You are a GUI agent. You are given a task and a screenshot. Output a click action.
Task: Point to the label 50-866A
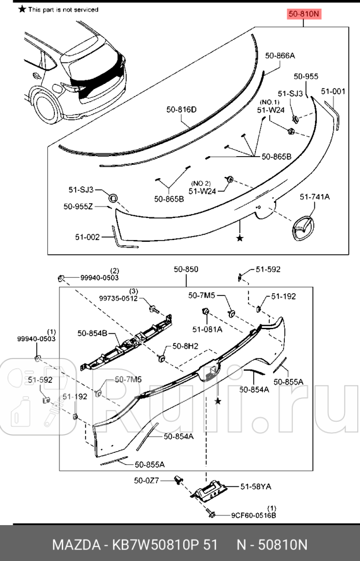click(x=280, y=56)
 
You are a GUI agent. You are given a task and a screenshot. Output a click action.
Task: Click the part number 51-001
click(x=333, y=91)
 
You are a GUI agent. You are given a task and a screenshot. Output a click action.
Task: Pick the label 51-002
click(x=87, y=237)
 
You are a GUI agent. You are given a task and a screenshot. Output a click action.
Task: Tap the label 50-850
click(x=186, y=269)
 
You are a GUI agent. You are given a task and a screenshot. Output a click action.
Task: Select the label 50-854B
click(x=92, y=333)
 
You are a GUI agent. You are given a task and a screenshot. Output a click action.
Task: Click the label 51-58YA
click(x=255, y=486)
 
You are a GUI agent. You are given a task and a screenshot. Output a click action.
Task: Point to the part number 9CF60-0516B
click(x=254, y=515)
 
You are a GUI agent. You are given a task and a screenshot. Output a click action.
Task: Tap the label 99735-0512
click(x=118, y=298)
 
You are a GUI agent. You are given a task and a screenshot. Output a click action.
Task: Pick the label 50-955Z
click(x=78, y=206)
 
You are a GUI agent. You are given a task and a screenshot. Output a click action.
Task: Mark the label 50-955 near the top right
click(x=306, y=76)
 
